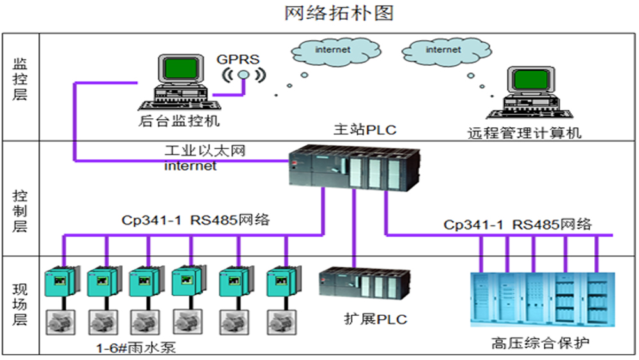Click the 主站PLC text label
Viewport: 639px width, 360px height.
coord(364,130)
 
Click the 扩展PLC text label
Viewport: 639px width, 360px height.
coord(375,318)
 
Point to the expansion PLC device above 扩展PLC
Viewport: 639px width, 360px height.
coord(365,285)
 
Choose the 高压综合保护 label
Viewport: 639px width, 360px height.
coord(541,342)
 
